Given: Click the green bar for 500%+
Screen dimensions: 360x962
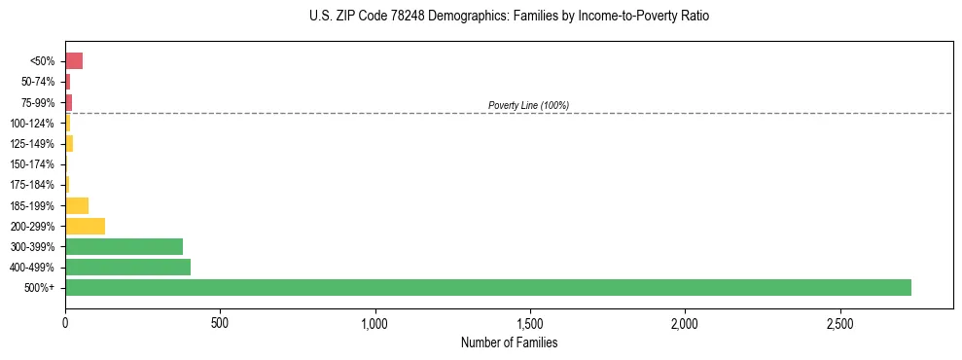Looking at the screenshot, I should point(487,287).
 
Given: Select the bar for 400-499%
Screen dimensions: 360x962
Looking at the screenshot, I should point(127,267).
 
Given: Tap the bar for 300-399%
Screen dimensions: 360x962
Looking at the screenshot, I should point(124,246).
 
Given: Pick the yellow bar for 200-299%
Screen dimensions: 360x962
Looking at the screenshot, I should point(85,226).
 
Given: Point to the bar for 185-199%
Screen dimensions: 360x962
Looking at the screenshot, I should point(77,205).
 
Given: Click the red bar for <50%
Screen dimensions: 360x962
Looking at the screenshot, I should point(74,61).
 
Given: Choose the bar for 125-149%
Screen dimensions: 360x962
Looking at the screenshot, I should point(69,144).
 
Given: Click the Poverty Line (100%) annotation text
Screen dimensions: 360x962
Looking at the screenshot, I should point(528,105).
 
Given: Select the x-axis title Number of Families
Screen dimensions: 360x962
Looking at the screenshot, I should point(509,343).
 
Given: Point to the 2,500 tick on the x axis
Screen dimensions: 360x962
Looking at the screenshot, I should point(839,322).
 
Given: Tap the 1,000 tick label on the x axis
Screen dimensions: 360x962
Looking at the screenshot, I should point(374,322).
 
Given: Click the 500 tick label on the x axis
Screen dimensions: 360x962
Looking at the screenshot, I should point(220,322).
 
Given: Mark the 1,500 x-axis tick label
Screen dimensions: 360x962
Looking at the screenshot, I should point(529,322).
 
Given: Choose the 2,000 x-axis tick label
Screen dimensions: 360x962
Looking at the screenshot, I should point(685,322).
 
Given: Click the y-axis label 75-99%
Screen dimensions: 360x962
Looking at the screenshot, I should point(38,103).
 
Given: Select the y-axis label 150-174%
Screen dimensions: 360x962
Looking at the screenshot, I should point(33,164).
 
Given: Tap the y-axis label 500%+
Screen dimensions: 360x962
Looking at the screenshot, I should point(40,288).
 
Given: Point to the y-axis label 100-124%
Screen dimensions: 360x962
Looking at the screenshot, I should point(33,124).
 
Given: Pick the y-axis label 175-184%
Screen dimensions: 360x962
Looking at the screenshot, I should point(33,185).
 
